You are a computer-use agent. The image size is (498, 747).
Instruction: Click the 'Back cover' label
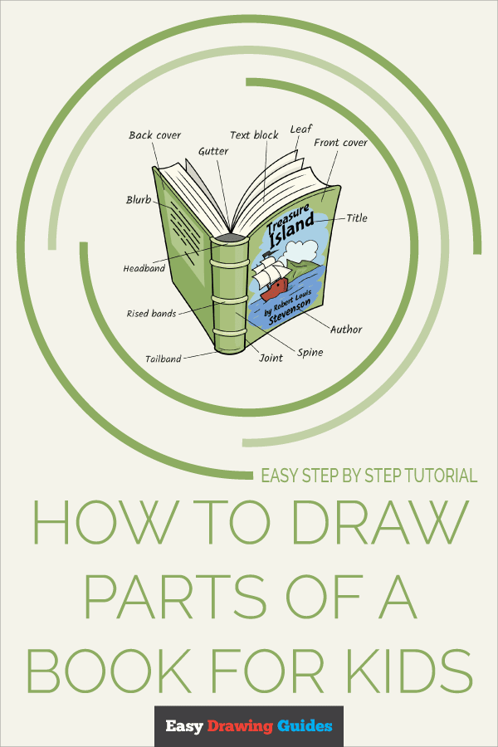pos(155,135)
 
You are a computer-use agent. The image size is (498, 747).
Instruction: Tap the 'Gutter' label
pos(213,152)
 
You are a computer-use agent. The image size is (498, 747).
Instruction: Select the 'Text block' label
pos(254,135)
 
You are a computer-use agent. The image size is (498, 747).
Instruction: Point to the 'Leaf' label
pos(300,129)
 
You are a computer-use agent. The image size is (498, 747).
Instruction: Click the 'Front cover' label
pos(341,143)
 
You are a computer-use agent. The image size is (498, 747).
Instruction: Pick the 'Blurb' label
pos(139,199)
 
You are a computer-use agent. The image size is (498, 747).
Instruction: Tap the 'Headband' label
pos(144,269)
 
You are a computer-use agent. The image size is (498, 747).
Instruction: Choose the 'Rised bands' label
pos(152,314)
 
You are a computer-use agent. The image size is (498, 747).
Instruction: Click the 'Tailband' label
pos(163,359)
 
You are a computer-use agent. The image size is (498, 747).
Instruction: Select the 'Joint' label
pos(271,358)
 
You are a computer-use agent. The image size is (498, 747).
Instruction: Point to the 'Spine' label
pos(310,353)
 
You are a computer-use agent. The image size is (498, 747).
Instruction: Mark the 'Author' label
pos(346,330)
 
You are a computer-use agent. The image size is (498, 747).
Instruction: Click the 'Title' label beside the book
pos(357,218)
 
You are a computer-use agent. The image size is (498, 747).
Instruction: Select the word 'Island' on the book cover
pos(292,228)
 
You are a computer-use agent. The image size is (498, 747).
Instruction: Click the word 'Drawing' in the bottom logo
pos(240,726)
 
